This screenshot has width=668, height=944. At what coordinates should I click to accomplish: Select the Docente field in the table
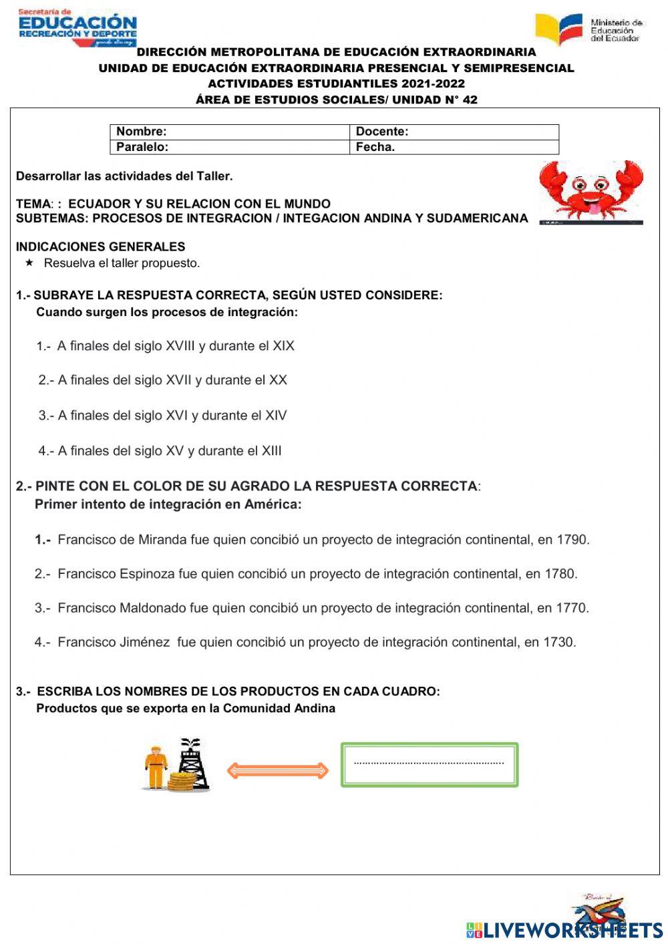(454, 132)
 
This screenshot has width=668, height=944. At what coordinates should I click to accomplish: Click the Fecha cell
(454, 147)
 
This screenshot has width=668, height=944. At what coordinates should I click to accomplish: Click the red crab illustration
(591, 191)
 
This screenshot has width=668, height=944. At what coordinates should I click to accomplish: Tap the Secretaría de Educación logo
(77, 27)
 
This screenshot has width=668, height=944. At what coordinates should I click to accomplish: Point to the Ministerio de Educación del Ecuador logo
(588, 29)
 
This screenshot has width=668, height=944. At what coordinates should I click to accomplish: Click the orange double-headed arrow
(277, 770)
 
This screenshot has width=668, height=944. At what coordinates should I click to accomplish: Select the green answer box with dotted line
(430, 764)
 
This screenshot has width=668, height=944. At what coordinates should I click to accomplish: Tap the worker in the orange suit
(156, 768)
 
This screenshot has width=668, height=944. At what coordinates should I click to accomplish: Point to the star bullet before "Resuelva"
(29, 263)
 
